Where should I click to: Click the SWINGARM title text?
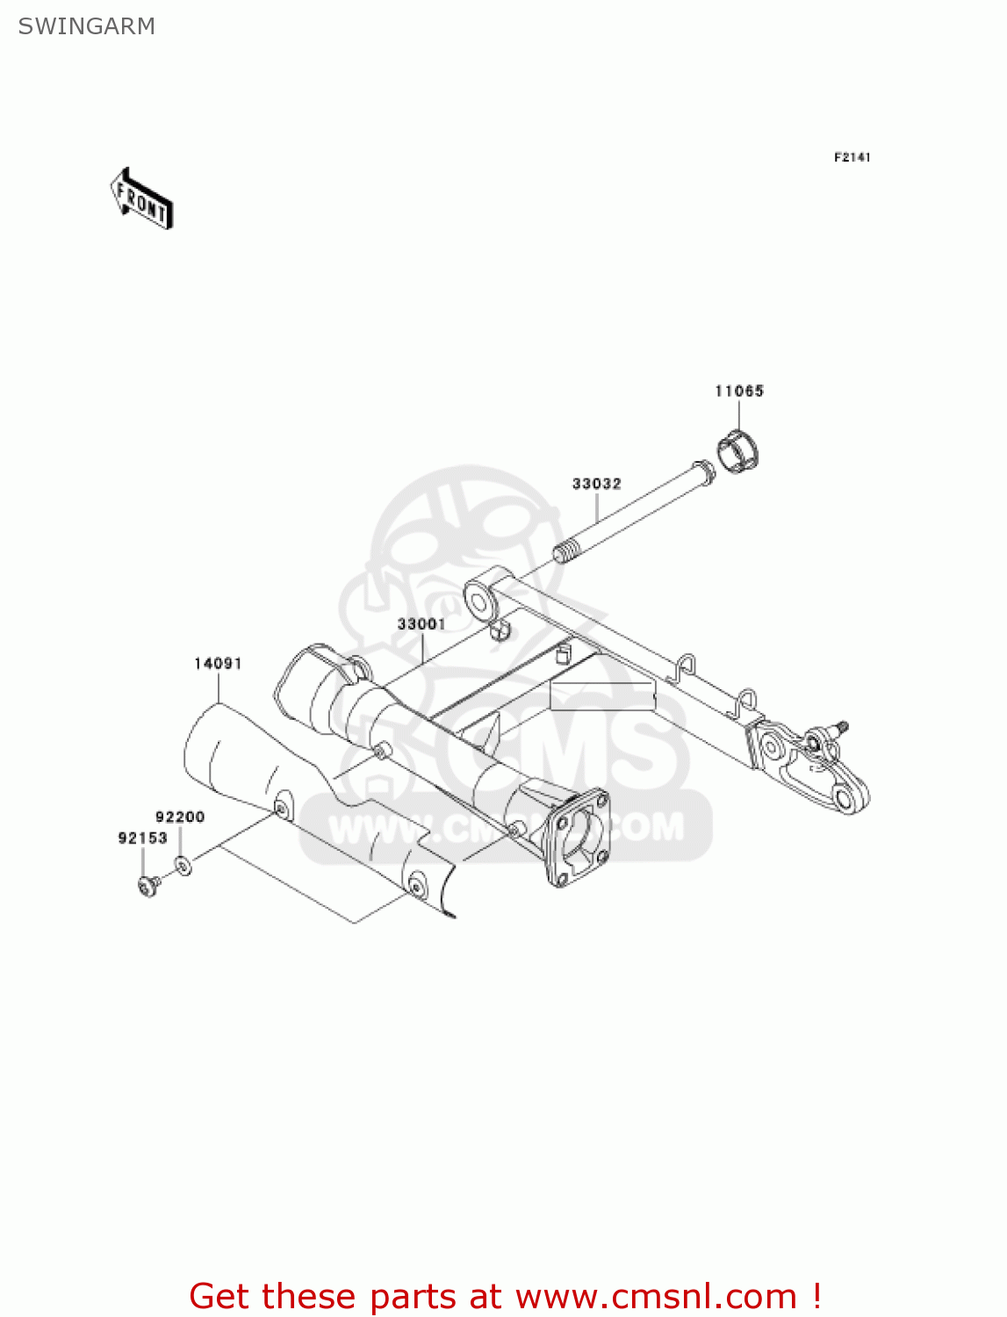tap(86, 26)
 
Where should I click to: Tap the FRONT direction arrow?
tap(141, 199)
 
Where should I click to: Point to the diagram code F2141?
tap(852, 157)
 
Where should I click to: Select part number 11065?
tap(739, 391)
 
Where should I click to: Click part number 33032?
tap(596, 484)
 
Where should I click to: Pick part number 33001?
tap(421, 624)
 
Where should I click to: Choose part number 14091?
tap(218, 664)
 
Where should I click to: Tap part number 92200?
tap(180, 817)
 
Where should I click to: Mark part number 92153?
tap(142, 838)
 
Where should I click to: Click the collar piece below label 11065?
tap(739, 450)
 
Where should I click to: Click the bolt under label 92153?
tap(147, 887)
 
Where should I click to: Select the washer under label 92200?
tap(183, 867)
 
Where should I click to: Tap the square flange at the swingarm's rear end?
tap(575, 835)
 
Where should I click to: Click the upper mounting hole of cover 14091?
tap(282, 806)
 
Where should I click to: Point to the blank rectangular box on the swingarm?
tap(602, 695)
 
